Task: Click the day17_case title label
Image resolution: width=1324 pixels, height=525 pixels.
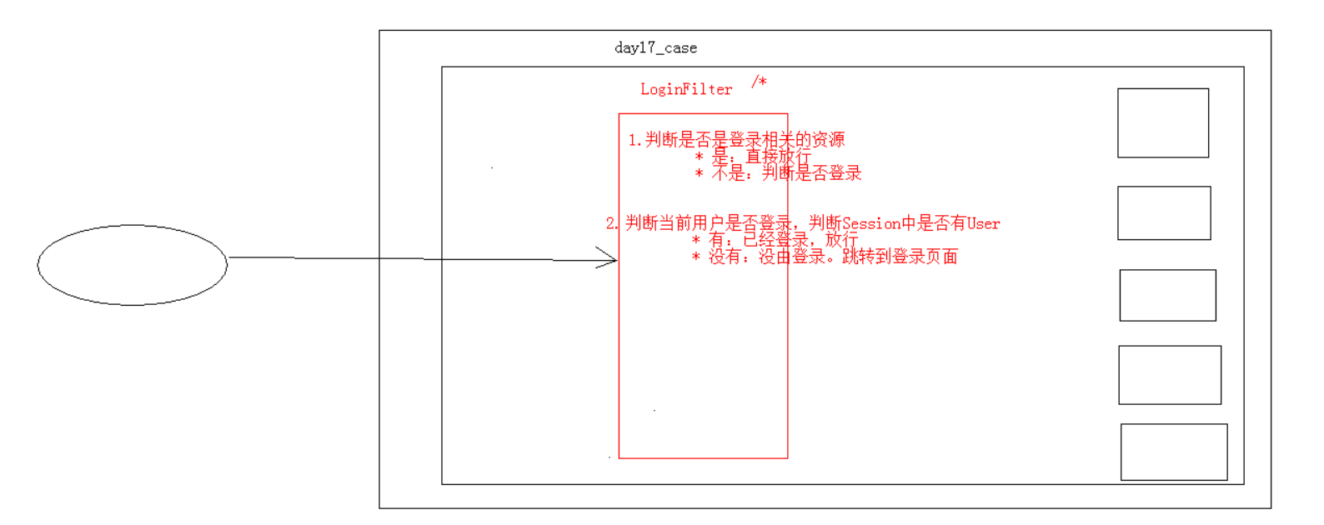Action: pos(655,47)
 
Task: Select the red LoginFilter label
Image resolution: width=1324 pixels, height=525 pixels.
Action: pos(685,89)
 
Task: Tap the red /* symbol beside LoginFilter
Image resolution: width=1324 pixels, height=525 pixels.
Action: pos(759,81)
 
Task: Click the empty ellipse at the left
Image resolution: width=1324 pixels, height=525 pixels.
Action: pos(133,264)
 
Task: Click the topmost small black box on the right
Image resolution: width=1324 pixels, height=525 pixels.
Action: pos(1163,122)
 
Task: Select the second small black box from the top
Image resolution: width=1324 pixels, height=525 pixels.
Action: pos(1164,212)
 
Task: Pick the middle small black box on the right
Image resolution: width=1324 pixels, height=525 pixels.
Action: pos(1167,295)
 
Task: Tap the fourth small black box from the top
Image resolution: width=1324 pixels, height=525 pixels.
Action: pos(1170,375)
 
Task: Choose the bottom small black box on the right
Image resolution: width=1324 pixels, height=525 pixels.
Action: pos(1174,452)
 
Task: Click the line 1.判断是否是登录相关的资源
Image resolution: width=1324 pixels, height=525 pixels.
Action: pos(737,140)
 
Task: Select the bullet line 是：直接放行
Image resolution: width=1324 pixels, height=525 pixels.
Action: pos(753,157)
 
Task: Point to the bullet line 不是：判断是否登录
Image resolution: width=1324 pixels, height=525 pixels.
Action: pos(778,173)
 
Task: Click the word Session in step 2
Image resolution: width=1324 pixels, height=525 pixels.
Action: pos(871,223)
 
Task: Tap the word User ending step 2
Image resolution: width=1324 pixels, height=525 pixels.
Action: pos(983,223)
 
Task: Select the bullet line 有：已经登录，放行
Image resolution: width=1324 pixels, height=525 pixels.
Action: pos(775,240)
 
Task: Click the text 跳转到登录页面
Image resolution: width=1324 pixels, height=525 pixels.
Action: pos(900,257)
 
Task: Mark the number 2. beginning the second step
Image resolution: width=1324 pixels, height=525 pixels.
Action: pos(612,223)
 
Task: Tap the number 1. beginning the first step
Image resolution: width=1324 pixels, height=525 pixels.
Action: pos(634,140)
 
